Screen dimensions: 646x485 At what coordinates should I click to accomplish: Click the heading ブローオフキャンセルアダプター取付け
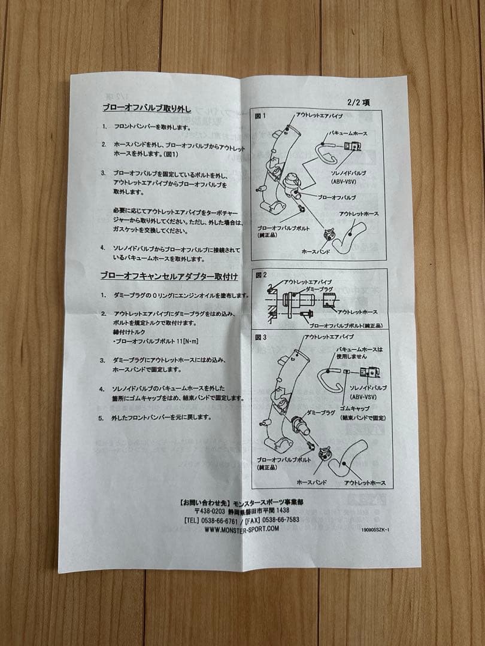click(169, 276)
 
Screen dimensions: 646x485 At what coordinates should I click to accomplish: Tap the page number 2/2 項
click(358, 102)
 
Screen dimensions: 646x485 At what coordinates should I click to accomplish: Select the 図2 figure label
click(260, 276)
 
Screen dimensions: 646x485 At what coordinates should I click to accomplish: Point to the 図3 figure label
click(260, 337)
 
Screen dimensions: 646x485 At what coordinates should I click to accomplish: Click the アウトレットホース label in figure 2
click(357, 312)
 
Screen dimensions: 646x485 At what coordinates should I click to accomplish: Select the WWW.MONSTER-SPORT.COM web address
click(237, 529)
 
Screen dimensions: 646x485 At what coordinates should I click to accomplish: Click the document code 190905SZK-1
click(375, 529)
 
